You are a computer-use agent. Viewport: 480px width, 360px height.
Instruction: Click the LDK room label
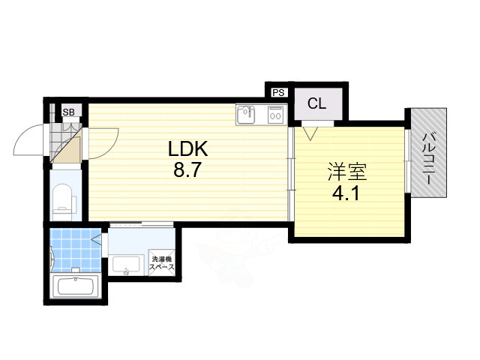point(188,148)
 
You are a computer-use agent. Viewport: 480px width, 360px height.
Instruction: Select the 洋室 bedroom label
point(346,172)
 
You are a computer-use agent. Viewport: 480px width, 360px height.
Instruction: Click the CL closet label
point(316,104)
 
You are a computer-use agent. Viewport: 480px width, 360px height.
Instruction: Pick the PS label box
point(278,93)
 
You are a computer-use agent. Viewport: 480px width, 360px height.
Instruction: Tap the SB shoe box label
point(68,112)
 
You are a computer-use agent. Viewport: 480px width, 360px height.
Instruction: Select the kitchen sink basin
point(247,115)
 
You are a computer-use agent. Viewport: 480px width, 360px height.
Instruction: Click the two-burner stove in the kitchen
point(274,115)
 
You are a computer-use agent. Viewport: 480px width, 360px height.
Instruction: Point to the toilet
point(64,199)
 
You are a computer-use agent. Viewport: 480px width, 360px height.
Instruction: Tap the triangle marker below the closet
point(311,133)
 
